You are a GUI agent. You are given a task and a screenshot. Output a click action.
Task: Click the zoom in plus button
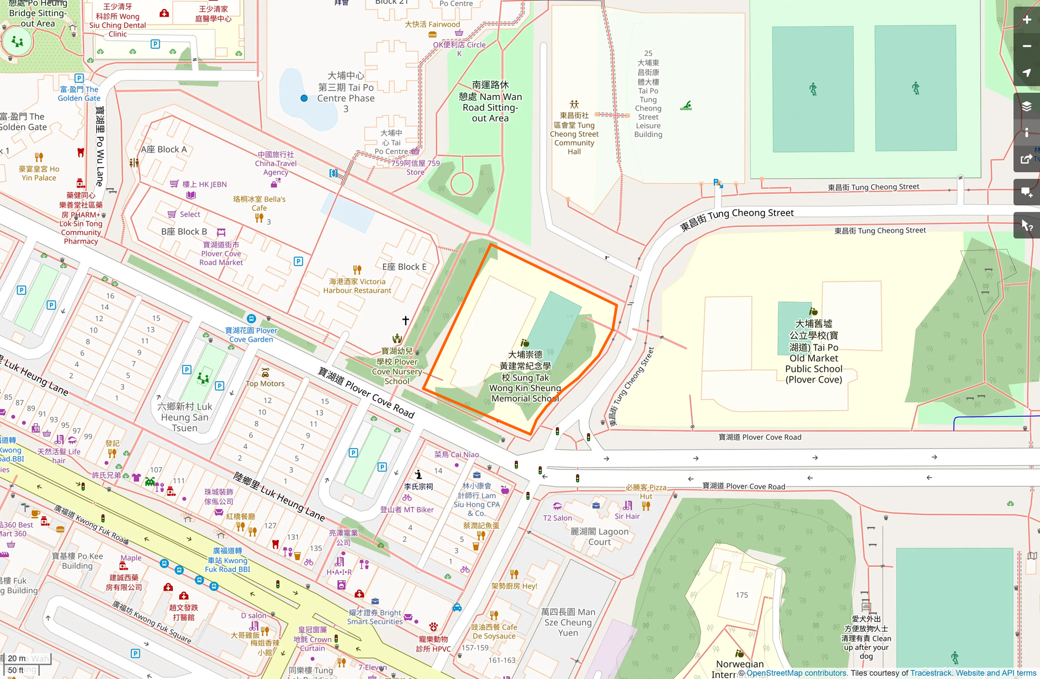click(1027, 20)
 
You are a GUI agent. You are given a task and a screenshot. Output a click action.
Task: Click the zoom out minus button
click(1027, 46)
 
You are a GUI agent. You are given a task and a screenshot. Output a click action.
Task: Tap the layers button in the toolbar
click(1027, 106)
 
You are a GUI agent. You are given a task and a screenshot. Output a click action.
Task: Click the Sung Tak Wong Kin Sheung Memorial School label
click(524, 377)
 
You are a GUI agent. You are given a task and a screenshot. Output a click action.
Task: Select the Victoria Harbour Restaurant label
click(357, 286)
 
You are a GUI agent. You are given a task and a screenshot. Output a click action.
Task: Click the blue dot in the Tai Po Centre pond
click(304, 98)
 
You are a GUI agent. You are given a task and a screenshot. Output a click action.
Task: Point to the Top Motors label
click(265, 383)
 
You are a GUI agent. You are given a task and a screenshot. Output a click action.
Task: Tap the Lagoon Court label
click(599, 536)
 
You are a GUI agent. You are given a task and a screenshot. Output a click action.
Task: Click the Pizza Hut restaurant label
click(646, 492)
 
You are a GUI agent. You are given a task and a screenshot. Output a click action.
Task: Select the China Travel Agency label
click(275, 163)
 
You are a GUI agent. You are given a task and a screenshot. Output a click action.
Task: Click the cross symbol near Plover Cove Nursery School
click(406, 320)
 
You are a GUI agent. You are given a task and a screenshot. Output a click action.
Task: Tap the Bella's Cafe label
click(259, 203)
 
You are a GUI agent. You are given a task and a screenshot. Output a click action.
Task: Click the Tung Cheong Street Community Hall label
click(574, 134)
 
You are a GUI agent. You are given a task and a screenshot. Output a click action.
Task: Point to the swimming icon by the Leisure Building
click(686, 105)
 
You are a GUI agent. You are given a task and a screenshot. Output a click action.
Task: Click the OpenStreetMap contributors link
click(796, 673)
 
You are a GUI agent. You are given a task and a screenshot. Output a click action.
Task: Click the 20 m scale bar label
click(17, 658)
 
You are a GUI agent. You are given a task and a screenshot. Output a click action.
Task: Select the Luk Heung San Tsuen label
click(184, 417)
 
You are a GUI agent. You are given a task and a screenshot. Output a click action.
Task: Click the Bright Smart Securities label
click(375, 617)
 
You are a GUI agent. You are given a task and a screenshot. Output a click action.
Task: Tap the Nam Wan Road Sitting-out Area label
click(490, 101)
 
